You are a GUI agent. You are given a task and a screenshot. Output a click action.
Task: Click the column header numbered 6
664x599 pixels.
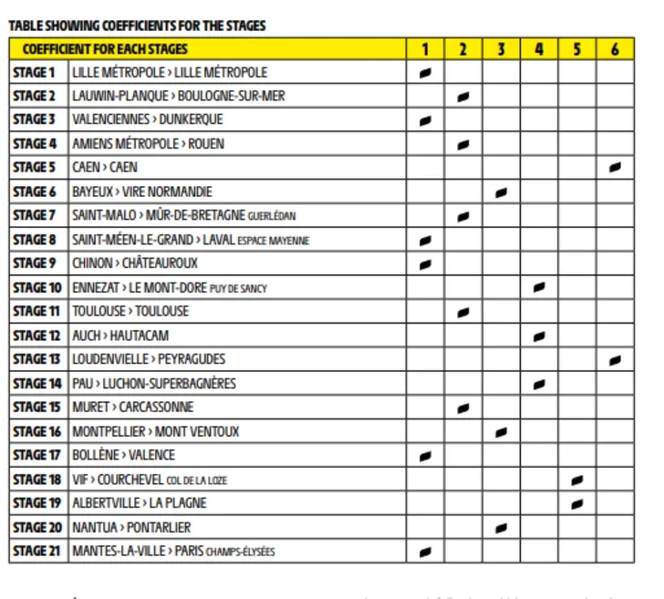(x=615, y=49)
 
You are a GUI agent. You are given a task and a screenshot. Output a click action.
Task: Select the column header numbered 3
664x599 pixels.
(x=501, y=49)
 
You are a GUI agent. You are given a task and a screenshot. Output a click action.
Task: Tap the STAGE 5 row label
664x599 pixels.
(x=35, y=168)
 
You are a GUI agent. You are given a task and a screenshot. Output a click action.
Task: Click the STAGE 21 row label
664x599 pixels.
(x=36, y=551)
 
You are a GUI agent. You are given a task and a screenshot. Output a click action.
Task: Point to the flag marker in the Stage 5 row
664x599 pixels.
(x=615, y=168)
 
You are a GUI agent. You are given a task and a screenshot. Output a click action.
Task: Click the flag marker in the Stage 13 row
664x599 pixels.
(x=615, y=360)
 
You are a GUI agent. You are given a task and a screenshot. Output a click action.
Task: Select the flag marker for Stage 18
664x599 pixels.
(x=576, y=480)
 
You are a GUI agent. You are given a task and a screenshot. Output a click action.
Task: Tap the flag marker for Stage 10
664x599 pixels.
(x=539, y=288)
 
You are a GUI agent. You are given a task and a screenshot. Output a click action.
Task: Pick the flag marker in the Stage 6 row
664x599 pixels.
(x=501, y=192)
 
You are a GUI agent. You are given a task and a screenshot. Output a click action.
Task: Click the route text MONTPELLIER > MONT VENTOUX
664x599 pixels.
(x=155, y=431)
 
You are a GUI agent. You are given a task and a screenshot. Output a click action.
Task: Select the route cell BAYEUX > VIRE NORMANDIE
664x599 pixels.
(x=141, y=191)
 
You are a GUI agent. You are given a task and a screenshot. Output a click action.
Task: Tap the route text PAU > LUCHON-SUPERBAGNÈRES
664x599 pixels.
(x=153, y=384)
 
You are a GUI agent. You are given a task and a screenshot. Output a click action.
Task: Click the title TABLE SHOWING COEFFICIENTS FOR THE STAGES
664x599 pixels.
(x=137, y=26)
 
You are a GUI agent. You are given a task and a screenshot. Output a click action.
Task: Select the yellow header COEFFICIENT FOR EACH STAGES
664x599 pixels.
(x=105, y=49)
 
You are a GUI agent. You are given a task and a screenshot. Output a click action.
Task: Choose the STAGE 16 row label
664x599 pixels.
(x=36, y=431)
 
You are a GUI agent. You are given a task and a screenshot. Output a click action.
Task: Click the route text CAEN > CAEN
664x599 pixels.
(x=104, y=168)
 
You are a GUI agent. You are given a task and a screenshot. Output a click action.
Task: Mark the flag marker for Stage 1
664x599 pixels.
(x=425, y=73)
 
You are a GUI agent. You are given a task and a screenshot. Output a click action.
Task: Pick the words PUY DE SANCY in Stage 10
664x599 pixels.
(x=238, y=289)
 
